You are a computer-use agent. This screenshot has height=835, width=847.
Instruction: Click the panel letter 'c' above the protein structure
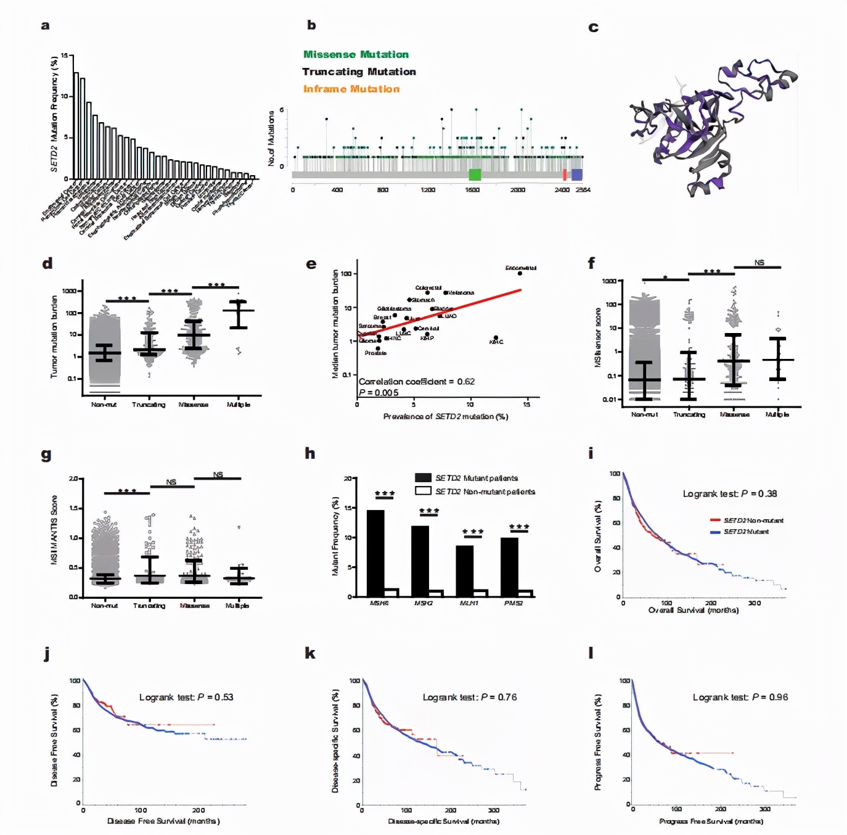point(594,28)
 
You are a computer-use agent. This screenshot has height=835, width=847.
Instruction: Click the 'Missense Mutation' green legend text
point(356,54)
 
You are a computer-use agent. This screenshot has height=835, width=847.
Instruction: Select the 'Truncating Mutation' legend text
point(359,72)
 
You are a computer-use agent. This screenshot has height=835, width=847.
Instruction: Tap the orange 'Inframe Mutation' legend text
point(351,89)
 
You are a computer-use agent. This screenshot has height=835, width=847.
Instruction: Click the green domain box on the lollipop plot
point(475,175)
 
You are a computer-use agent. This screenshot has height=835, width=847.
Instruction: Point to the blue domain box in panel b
point(577,175)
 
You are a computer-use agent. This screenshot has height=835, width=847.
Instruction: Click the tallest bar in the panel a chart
point(76,126)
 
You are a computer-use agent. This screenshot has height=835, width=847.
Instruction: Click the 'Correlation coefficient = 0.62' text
point(417,382)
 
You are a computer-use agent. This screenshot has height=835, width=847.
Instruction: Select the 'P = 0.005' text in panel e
point(378,393)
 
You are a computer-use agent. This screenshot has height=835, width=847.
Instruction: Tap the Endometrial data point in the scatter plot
point(520,273)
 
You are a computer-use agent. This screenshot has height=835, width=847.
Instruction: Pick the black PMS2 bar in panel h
point(509,567)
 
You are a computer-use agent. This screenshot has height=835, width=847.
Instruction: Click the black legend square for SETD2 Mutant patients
point(423,478)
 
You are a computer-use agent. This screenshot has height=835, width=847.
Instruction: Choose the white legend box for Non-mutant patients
point(423,491)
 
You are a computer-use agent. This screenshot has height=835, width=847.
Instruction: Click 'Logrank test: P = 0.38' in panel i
point(729,494)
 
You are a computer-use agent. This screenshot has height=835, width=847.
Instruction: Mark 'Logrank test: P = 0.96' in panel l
point(740,697)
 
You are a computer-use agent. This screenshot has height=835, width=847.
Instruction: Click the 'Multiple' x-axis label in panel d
point(239,405)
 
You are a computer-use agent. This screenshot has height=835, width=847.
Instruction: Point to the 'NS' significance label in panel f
point(759,263)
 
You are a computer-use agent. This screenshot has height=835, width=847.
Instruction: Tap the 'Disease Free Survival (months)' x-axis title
point(163,821)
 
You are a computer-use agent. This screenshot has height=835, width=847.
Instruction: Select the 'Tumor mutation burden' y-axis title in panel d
point(54,336)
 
